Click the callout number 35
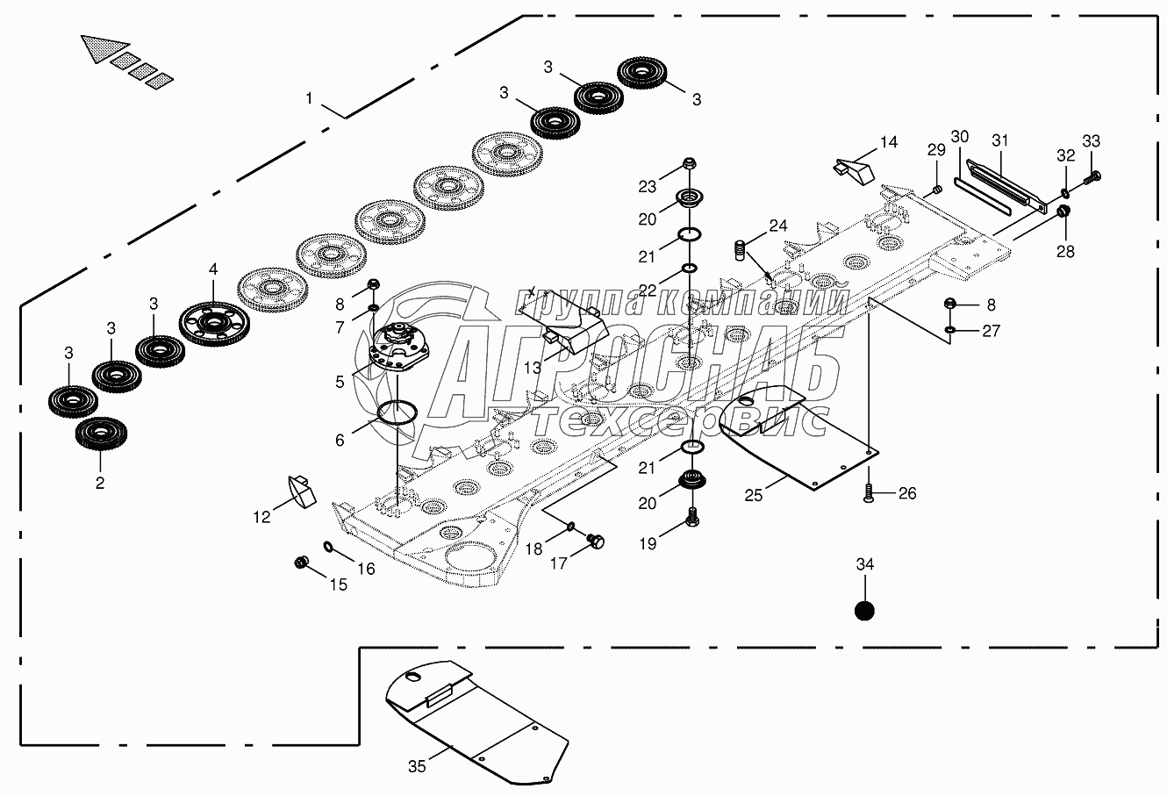click(x=417, y=766)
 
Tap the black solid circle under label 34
click(x=865, y=611)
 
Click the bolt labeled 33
click(x=1092, y=177)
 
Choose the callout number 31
click(x=1001, y=140)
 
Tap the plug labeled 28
click(x=1063, y=212)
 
